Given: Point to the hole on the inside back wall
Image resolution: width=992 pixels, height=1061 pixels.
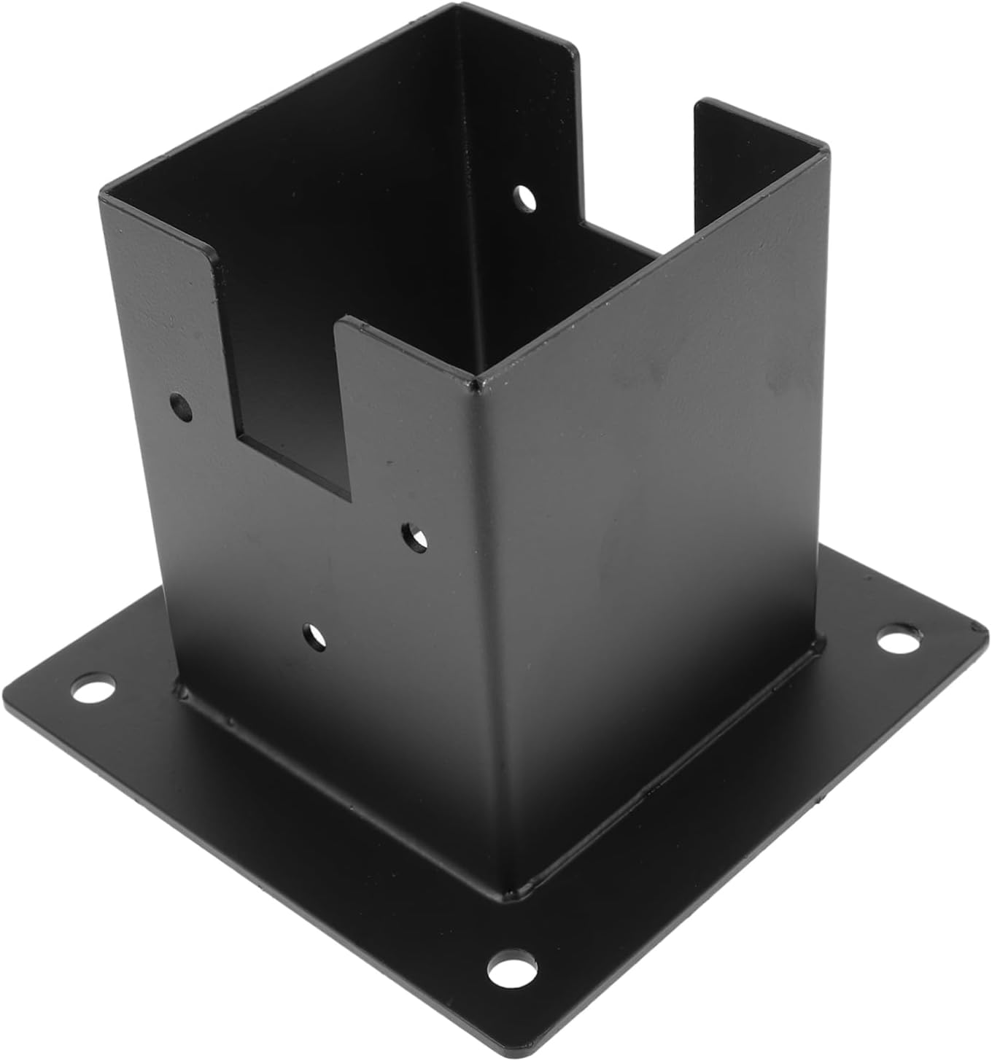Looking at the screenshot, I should coord(524,196).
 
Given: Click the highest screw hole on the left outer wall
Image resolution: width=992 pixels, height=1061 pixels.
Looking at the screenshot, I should coord(181,408).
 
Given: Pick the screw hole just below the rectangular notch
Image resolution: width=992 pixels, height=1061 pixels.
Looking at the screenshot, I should coord(416,537).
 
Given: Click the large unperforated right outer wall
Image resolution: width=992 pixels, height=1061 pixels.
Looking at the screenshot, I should coord(656,510).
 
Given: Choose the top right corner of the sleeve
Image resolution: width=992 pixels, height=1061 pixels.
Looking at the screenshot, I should coord(828,149).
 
